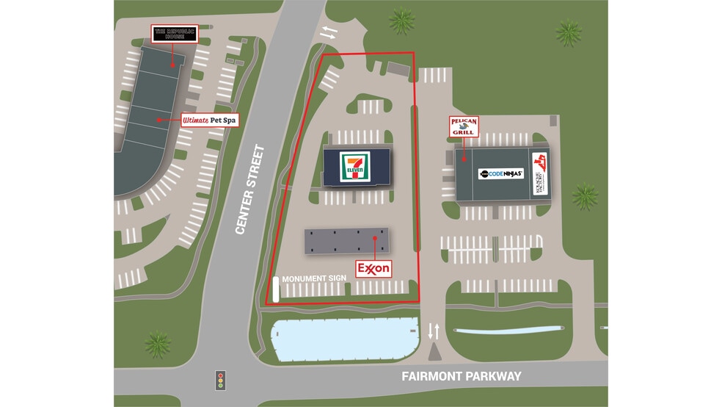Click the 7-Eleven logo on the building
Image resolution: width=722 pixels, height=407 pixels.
pyautogui.click(x=354, y=166)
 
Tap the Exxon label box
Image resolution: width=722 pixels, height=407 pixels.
pyautogui.click(x=373, y=269)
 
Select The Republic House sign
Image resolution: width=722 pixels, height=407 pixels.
pyautogui.click(x=174, y=34)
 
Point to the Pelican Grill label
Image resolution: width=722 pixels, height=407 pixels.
pyautogui.click(x=463, y=126)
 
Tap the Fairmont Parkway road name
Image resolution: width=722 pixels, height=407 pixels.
pyautogui.click(x=461, y=376)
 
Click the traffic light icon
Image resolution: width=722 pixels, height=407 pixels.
pyautogui.click(x=219, y=379)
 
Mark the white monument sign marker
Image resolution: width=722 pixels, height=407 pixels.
pyautogui.click(x=276, y=289)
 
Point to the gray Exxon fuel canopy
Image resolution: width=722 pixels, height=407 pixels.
pyautogui.click(x=346, y=240)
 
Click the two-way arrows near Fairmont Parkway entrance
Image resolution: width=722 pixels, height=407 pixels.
pyautogui.click(x=434, y=331)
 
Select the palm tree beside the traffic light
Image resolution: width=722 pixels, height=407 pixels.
pyautogui.click(x=158, y=344)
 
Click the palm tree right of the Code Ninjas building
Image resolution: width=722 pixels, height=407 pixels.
pyautogui.click(x=584, y=195)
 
